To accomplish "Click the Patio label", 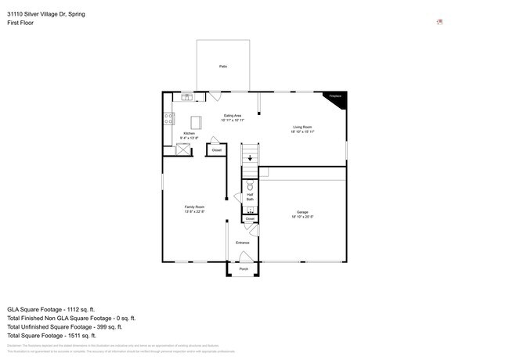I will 223,67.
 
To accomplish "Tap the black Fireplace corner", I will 338,98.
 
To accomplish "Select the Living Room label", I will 303,129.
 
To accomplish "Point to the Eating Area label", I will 233,118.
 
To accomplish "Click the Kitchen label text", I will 189,135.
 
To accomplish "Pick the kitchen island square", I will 197,122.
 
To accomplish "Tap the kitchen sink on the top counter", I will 187,96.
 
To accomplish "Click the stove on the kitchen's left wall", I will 168,119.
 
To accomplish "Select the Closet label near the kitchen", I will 217,149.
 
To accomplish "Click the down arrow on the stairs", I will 250,158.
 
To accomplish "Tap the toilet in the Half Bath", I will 250,188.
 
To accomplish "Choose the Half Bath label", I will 250,199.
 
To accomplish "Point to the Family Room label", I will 194,210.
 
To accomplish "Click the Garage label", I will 302,214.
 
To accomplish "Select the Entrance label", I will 243,243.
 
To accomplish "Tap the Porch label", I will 244,268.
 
